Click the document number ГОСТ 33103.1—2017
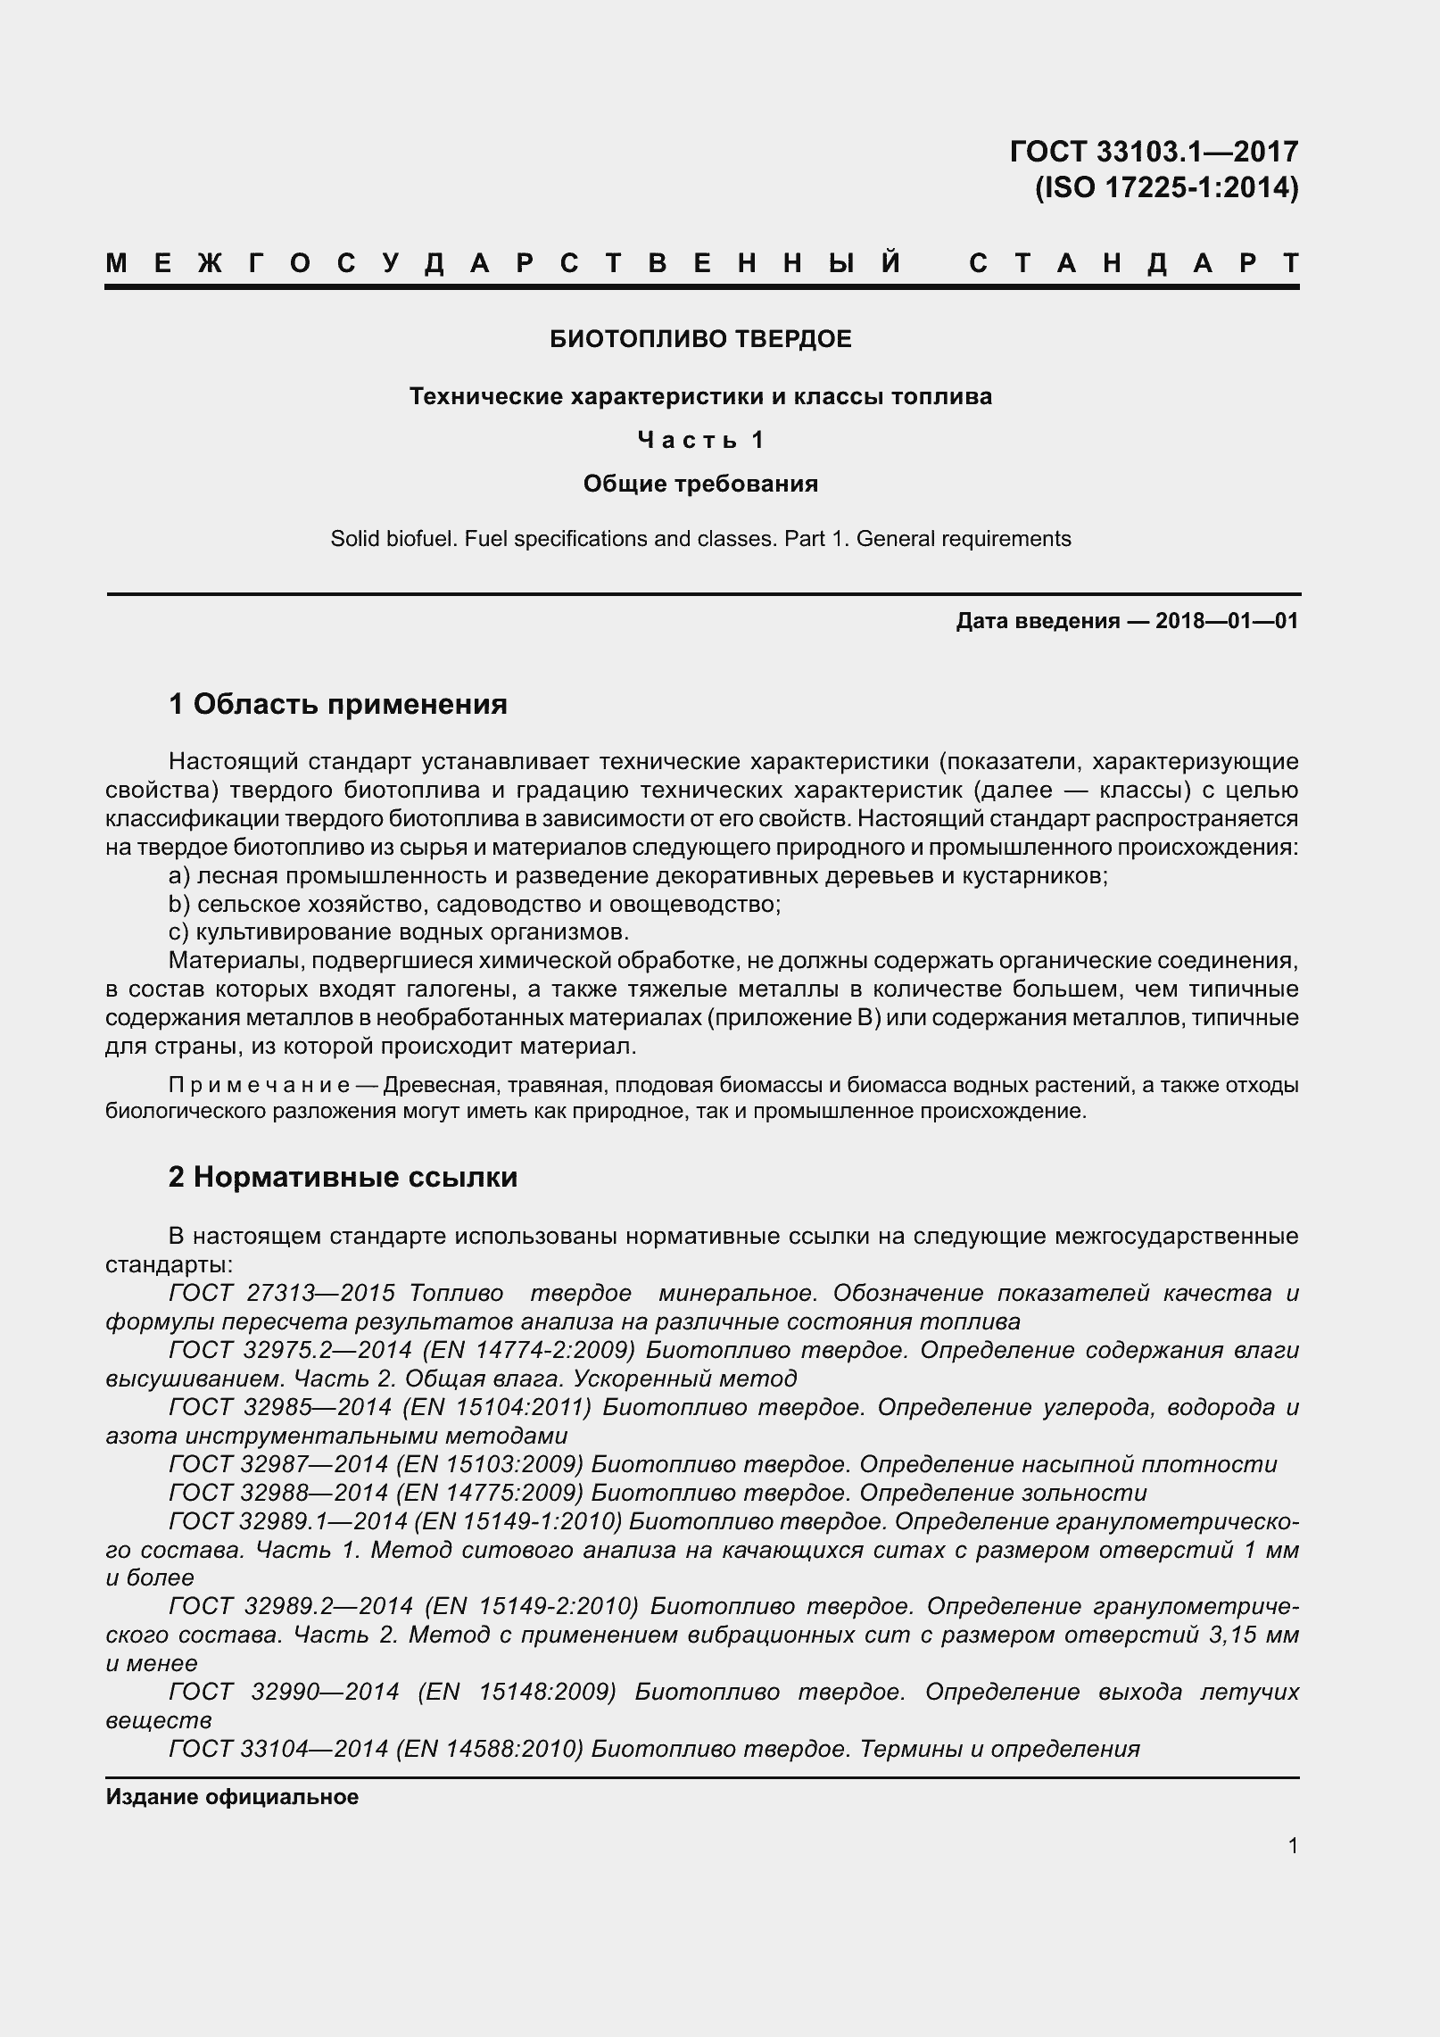tap(1154, 152)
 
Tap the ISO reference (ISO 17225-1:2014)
tap(1166, 188)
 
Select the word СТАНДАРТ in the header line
tap(1133, 264)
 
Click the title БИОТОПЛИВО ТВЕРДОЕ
tap(700, 339)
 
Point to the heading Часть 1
tap(700, 440)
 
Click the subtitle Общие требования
tap(700, 484)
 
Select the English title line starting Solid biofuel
tap(700, 539)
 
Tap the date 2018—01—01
tap(1226, 621)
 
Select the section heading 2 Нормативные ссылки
tap(343, 1177)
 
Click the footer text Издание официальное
tap(232, 1797)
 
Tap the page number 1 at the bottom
tap(1293, 1845)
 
